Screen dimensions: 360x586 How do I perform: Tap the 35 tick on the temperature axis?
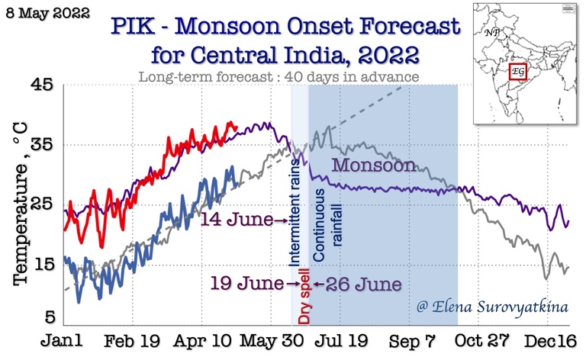click(x=41, y=145)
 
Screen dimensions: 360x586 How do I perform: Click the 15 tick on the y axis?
click(x=41, y=265)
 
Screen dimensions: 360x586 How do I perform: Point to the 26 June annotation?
click(x=362, y=284)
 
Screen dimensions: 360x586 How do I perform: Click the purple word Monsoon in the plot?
click(x=374, y=166)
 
